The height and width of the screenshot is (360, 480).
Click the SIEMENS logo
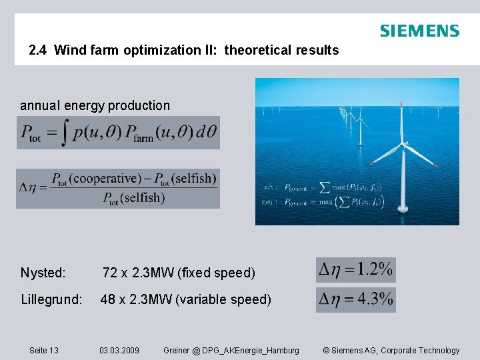pos(419,31)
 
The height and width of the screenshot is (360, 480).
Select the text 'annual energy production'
pos(95,105)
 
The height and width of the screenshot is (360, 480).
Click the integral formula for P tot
pos(117,133)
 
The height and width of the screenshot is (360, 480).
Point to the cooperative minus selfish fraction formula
pos(118,188)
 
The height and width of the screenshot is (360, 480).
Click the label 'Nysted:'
pos(43,273)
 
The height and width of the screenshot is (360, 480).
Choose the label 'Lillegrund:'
pos(51,299)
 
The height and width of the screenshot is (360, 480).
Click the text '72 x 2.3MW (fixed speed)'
pos(179,273)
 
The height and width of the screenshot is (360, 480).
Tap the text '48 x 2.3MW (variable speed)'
pos(186,299)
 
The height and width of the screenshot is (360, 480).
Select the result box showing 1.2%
pos(355,270)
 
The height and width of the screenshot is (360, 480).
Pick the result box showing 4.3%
pos(355,299)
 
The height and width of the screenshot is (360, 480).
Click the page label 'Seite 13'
pos(44,351)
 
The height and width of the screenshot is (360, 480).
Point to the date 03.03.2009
pos(119,351)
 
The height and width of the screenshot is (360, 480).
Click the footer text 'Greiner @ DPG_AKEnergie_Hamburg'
pos(231,351)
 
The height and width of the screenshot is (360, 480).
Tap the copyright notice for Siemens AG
pos(391,351)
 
